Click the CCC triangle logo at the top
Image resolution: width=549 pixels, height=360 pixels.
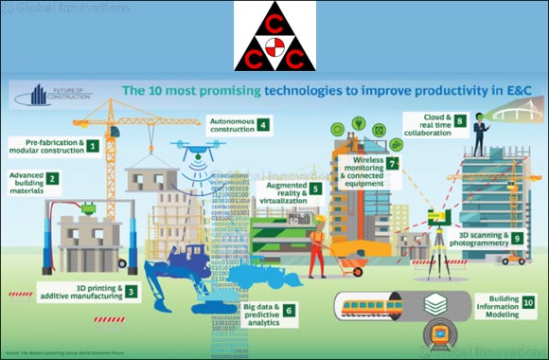point(274,36)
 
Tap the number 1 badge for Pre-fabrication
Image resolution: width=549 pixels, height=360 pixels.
point(93,146)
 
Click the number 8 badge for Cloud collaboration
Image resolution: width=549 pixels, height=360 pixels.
point(458,121)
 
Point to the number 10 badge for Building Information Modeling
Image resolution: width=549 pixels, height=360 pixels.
point(527,302)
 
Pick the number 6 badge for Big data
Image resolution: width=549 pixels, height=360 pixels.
point(289,310)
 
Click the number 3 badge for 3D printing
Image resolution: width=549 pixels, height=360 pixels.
point(132,292)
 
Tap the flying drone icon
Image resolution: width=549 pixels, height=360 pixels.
point(197,152)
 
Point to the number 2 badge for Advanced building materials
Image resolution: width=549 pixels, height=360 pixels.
point(53,178)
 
